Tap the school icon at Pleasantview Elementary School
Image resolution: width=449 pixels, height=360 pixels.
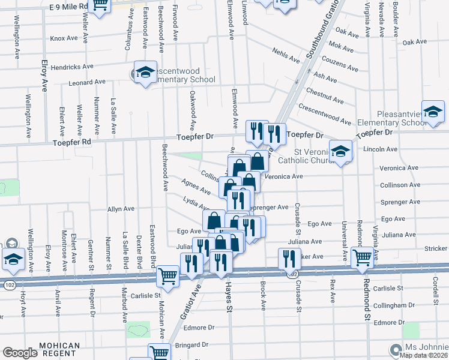(433, 110)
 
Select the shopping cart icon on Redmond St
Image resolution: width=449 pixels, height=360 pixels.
(363, 257)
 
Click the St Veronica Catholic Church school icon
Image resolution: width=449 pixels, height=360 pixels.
(340, 151)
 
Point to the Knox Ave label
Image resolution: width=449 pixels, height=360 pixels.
(64, 38)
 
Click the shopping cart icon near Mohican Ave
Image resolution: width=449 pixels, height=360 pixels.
(167, 277)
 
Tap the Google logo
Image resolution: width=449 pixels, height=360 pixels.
(20, 353)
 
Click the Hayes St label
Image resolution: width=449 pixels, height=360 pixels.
(229, 300)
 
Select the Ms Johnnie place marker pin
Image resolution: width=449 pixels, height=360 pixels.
(395, 349)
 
